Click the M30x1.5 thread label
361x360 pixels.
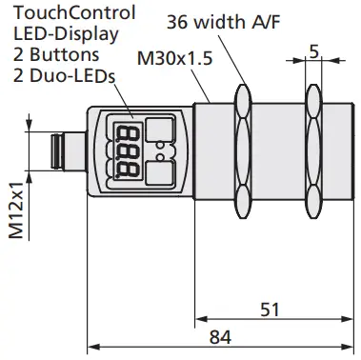pos(172,58)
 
